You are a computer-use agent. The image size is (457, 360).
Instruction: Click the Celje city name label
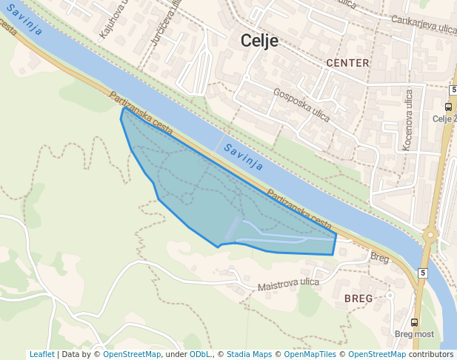coord(259,41)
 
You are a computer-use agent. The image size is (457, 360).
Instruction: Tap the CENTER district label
coord(347,63)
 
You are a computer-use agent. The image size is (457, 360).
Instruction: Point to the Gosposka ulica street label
coord(301,104)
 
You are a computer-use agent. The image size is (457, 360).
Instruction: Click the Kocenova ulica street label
coord(408,121)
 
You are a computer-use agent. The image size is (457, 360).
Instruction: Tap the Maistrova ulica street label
coord(288,284)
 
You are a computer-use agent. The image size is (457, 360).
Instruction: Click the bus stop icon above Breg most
coord(414,322)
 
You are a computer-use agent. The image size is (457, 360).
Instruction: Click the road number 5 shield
coord(422,273)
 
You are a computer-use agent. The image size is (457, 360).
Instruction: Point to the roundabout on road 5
coord(430,236)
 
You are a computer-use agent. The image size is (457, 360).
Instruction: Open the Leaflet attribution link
coord(41,355)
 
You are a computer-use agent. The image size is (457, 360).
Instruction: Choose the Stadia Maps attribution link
coord(249,355)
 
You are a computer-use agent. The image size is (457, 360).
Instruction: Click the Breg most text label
coord(414,334)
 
